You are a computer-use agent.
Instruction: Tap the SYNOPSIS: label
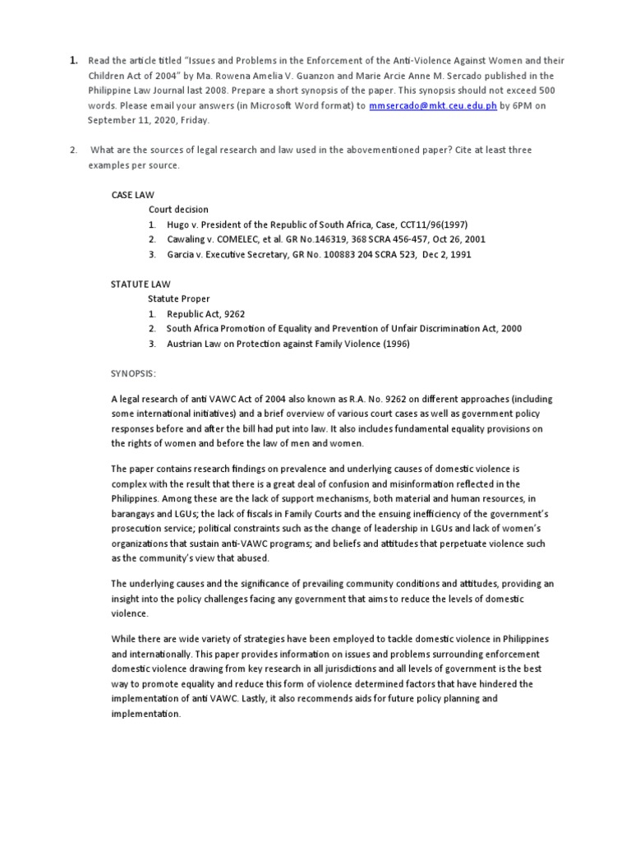133,373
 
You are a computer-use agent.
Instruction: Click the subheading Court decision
178,210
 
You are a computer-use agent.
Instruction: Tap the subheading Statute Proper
178,298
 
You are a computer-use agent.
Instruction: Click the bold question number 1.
74,61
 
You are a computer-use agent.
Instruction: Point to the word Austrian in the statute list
185,344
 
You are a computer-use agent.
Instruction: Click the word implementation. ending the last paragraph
145,714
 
